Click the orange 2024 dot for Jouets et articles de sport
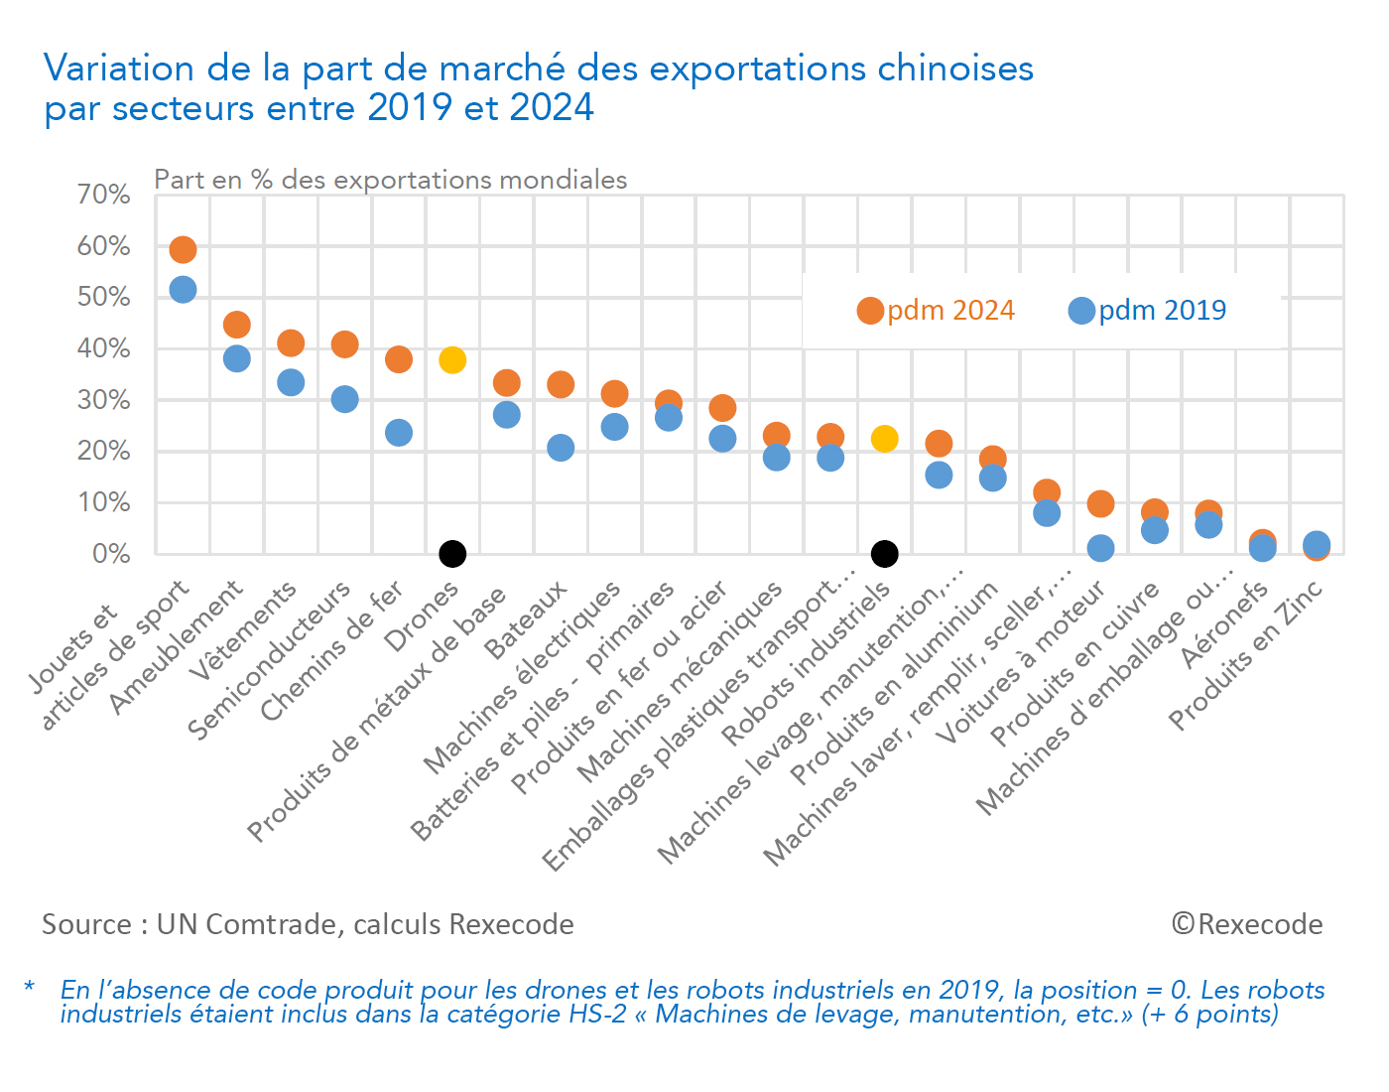click(183, 249)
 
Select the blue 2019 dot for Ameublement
click(236, 358)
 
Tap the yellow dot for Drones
click(452, 359)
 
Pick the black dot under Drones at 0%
click(452, 553)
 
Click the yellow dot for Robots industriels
click(884, 439)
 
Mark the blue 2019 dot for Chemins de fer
click(399, 433)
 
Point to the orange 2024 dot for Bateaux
click(561, 384)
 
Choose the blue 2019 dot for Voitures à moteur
click(1100, 548)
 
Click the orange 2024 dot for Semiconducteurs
click(344, 344)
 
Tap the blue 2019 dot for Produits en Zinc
click(1317, 543)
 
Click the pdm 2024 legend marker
click(870, 311)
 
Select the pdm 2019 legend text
click(1162, 311)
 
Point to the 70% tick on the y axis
click(104, 195)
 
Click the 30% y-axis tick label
click(104, 400)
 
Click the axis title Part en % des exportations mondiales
click(391, 180)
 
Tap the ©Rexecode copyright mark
click(1247, 924)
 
